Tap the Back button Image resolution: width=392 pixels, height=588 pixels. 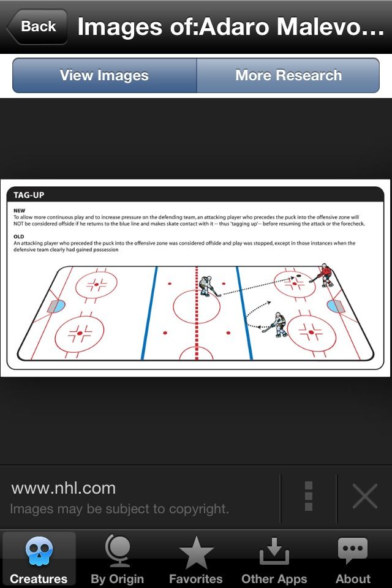(x=36, y=26)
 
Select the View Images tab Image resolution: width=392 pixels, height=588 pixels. (x=104, y=75)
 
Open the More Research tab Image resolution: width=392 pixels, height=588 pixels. (x=288, y=75)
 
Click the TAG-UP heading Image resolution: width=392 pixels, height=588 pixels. (x=29, y=195)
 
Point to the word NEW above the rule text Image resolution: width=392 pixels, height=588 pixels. (x=20, y=209)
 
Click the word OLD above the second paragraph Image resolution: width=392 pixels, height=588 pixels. (x=19, y=236)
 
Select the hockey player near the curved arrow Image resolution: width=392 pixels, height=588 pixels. (x=279, y=324)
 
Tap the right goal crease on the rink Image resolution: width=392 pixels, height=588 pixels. (x=334, y=305)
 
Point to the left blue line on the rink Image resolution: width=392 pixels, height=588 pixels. (x=149, y=312)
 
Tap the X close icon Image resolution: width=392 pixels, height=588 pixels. (x=364, y=496)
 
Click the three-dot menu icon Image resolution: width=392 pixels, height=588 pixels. (x=309, y=496)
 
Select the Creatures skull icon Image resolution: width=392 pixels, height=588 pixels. (x=39, y=551)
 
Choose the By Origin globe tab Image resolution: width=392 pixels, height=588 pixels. (x=117, y=551)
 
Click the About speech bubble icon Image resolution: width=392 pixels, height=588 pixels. (x=353, y=551)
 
